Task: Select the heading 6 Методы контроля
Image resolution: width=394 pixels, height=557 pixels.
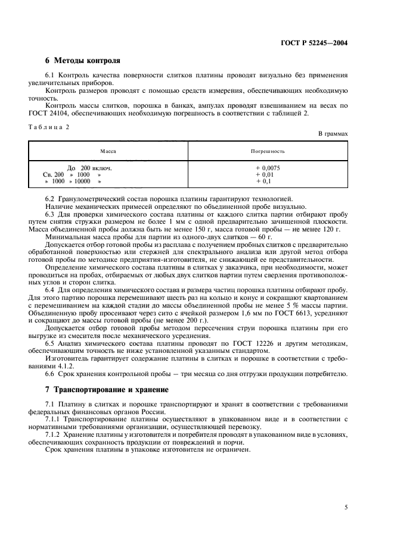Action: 82,61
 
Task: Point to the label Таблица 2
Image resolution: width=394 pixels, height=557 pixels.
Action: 49,128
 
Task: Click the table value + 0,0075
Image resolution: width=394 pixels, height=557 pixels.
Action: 268,168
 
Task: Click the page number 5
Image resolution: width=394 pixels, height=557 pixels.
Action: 346,507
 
